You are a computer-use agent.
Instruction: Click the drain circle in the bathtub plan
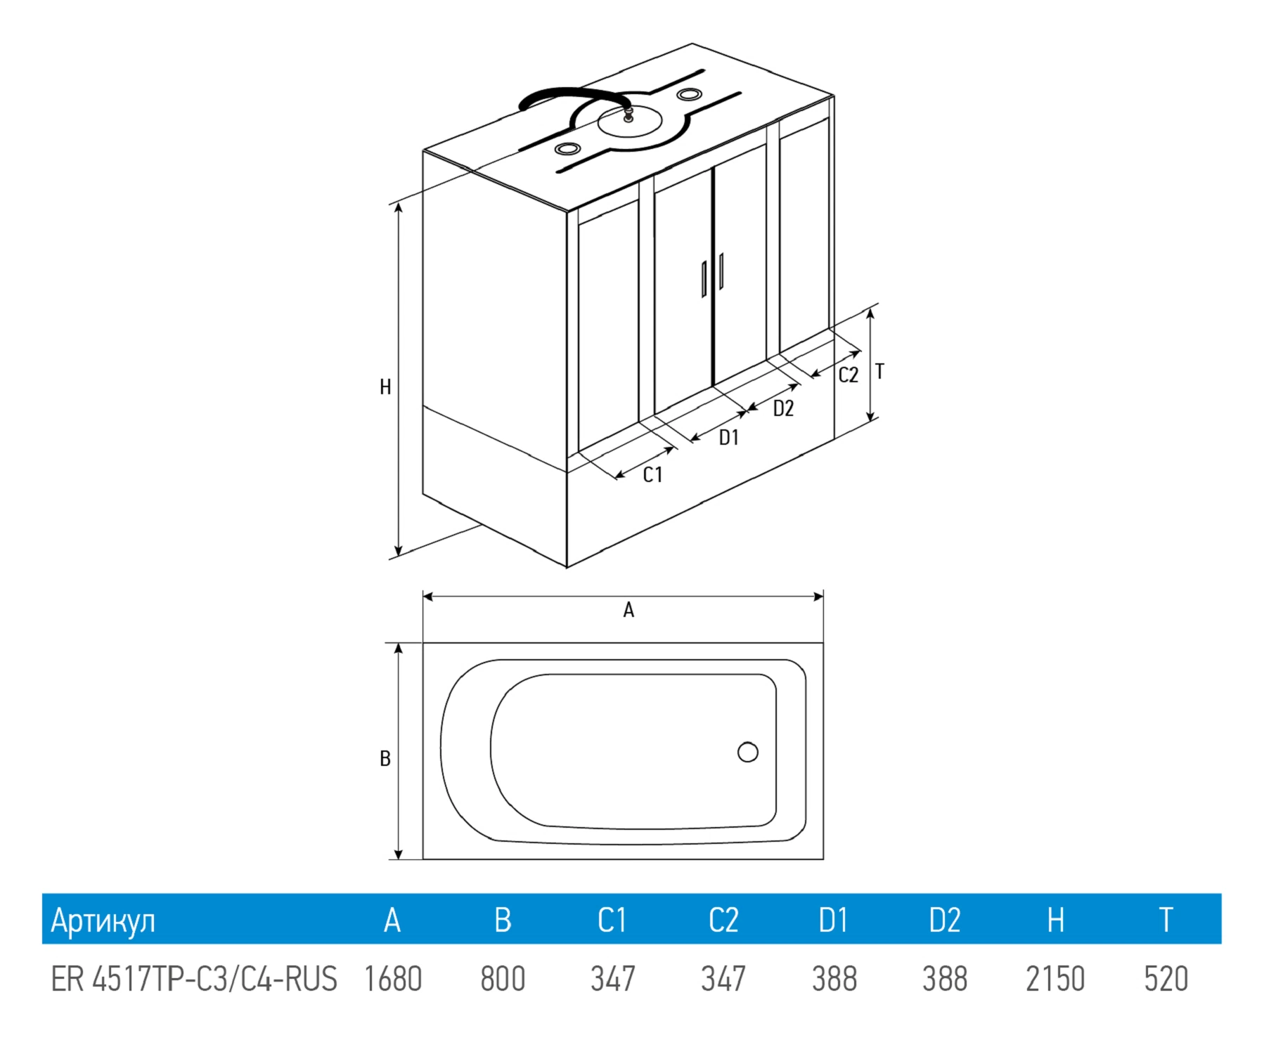pyautogui.click(x=748, y=753)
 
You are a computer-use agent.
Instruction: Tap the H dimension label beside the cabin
pyautogui.click(x=385, y=387)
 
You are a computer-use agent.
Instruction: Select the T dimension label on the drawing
pyautogui.click(x=879, y=372)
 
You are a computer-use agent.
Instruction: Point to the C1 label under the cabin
pyautogui.click(x=653, y=475)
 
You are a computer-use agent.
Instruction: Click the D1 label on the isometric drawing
pyautogui.click(x=729, y=438)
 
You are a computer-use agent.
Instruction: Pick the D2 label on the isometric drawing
pyautogui.click(x=783, y=408)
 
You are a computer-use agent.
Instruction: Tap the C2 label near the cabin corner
pyautogui.click(x=849, y=375)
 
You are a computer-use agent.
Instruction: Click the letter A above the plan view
pyautogui.click(x=628, y=610)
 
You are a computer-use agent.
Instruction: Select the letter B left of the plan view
pyautogui.click(x=385, y=759)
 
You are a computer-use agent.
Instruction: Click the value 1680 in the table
pyautogui.click(x=393, y=979)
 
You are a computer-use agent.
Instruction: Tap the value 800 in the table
pyautogui.click(x=503, y=979)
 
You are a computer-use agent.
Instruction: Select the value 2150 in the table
pyautogui.click(x=1055, y=979)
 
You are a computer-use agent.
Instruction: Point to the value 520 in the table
pyautogui.click(x=1166, y=979)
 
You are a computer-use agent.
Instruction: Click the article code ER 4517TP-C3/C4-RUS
pyautogui.click(x=194, y=979)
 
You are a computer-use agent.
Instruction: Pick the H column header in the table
pyautogui.click(x=1055, y=920)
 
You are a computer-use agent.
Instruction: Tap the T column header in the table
pyautogui.click(x=1166, y=920)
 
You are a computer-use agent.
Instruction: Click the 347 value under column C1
pyautogui.click(x=613, y=979)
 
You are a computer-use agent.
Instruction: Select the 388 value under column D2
pyautogui.click(x=945, y=979)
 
